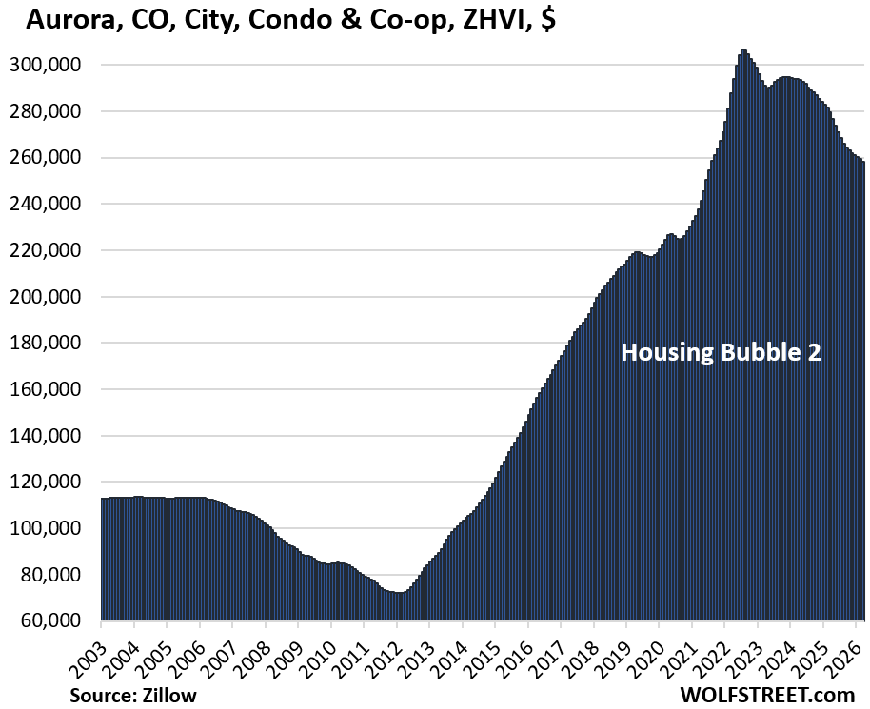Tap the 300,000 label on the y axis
pyautogui.click(x=54, y=65)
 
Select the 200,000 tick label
pyautogui.click(x=54, y=296)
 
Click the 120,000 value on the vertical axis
pyautogui.click(x=54, y=482)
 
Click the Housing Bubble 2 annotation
pyautogui.click(x=721, y=352)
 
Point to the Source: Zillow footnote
pyautogui.click(x=133, y=695)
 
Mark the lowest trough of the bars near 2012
pyautogui.click(x=400, y=594)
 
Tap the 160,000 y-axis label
pyautogui.click(x=54, y=389)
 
